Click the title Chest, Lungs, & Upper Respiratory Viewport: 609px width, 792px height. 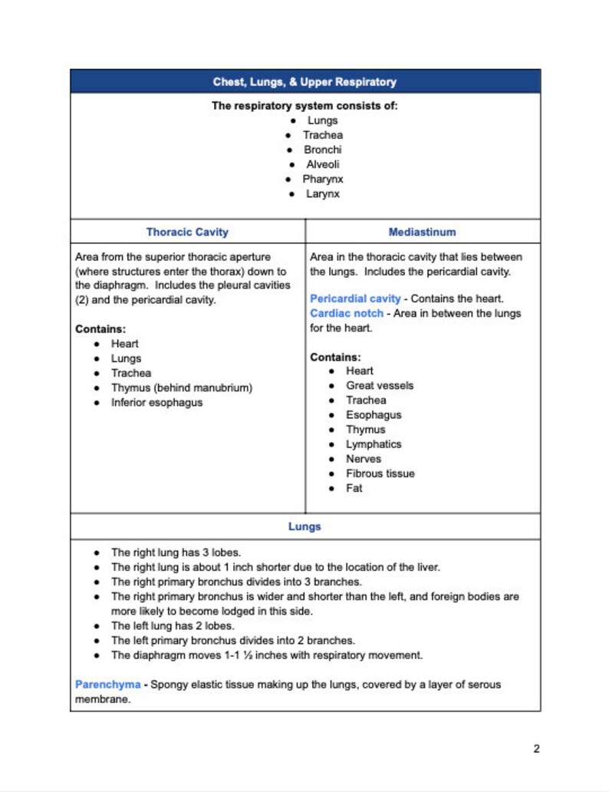click(304, 81)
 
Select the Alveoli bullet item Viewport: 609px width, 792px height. click(322, 164)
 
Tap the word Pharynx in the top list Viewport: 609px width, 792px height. click(322, 179)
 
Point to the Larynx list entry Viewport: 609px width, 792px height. click(322, 193)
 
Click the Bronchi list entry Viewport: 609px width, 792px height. click(322, 150)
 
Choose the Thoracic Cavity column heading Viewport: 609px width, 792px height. click(187, 232)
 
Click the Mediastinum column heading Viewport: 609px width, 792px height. click(422, 232)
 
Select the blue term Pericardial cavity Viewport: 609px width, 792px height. click(355, 299)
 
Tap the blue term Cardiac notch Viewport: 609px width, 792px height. click(346, 313)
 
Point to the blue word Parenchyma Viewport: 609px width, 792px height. click(107, 684)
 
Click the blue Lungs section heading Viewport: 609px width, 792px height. click(304, 526)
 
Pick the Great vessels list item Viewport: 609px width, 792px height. click(379, 385)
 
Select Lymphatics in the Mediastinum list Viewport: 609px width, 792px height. click(374, 444)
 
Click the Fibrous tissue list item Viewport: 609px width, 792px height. click(380, 474)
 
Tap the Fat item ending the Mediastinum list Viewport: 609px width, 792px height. click(354, 488)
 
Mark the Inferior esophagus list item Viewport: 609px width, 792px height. click(156, 402)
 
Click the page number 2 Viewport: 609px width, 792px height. click(536, 749)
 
